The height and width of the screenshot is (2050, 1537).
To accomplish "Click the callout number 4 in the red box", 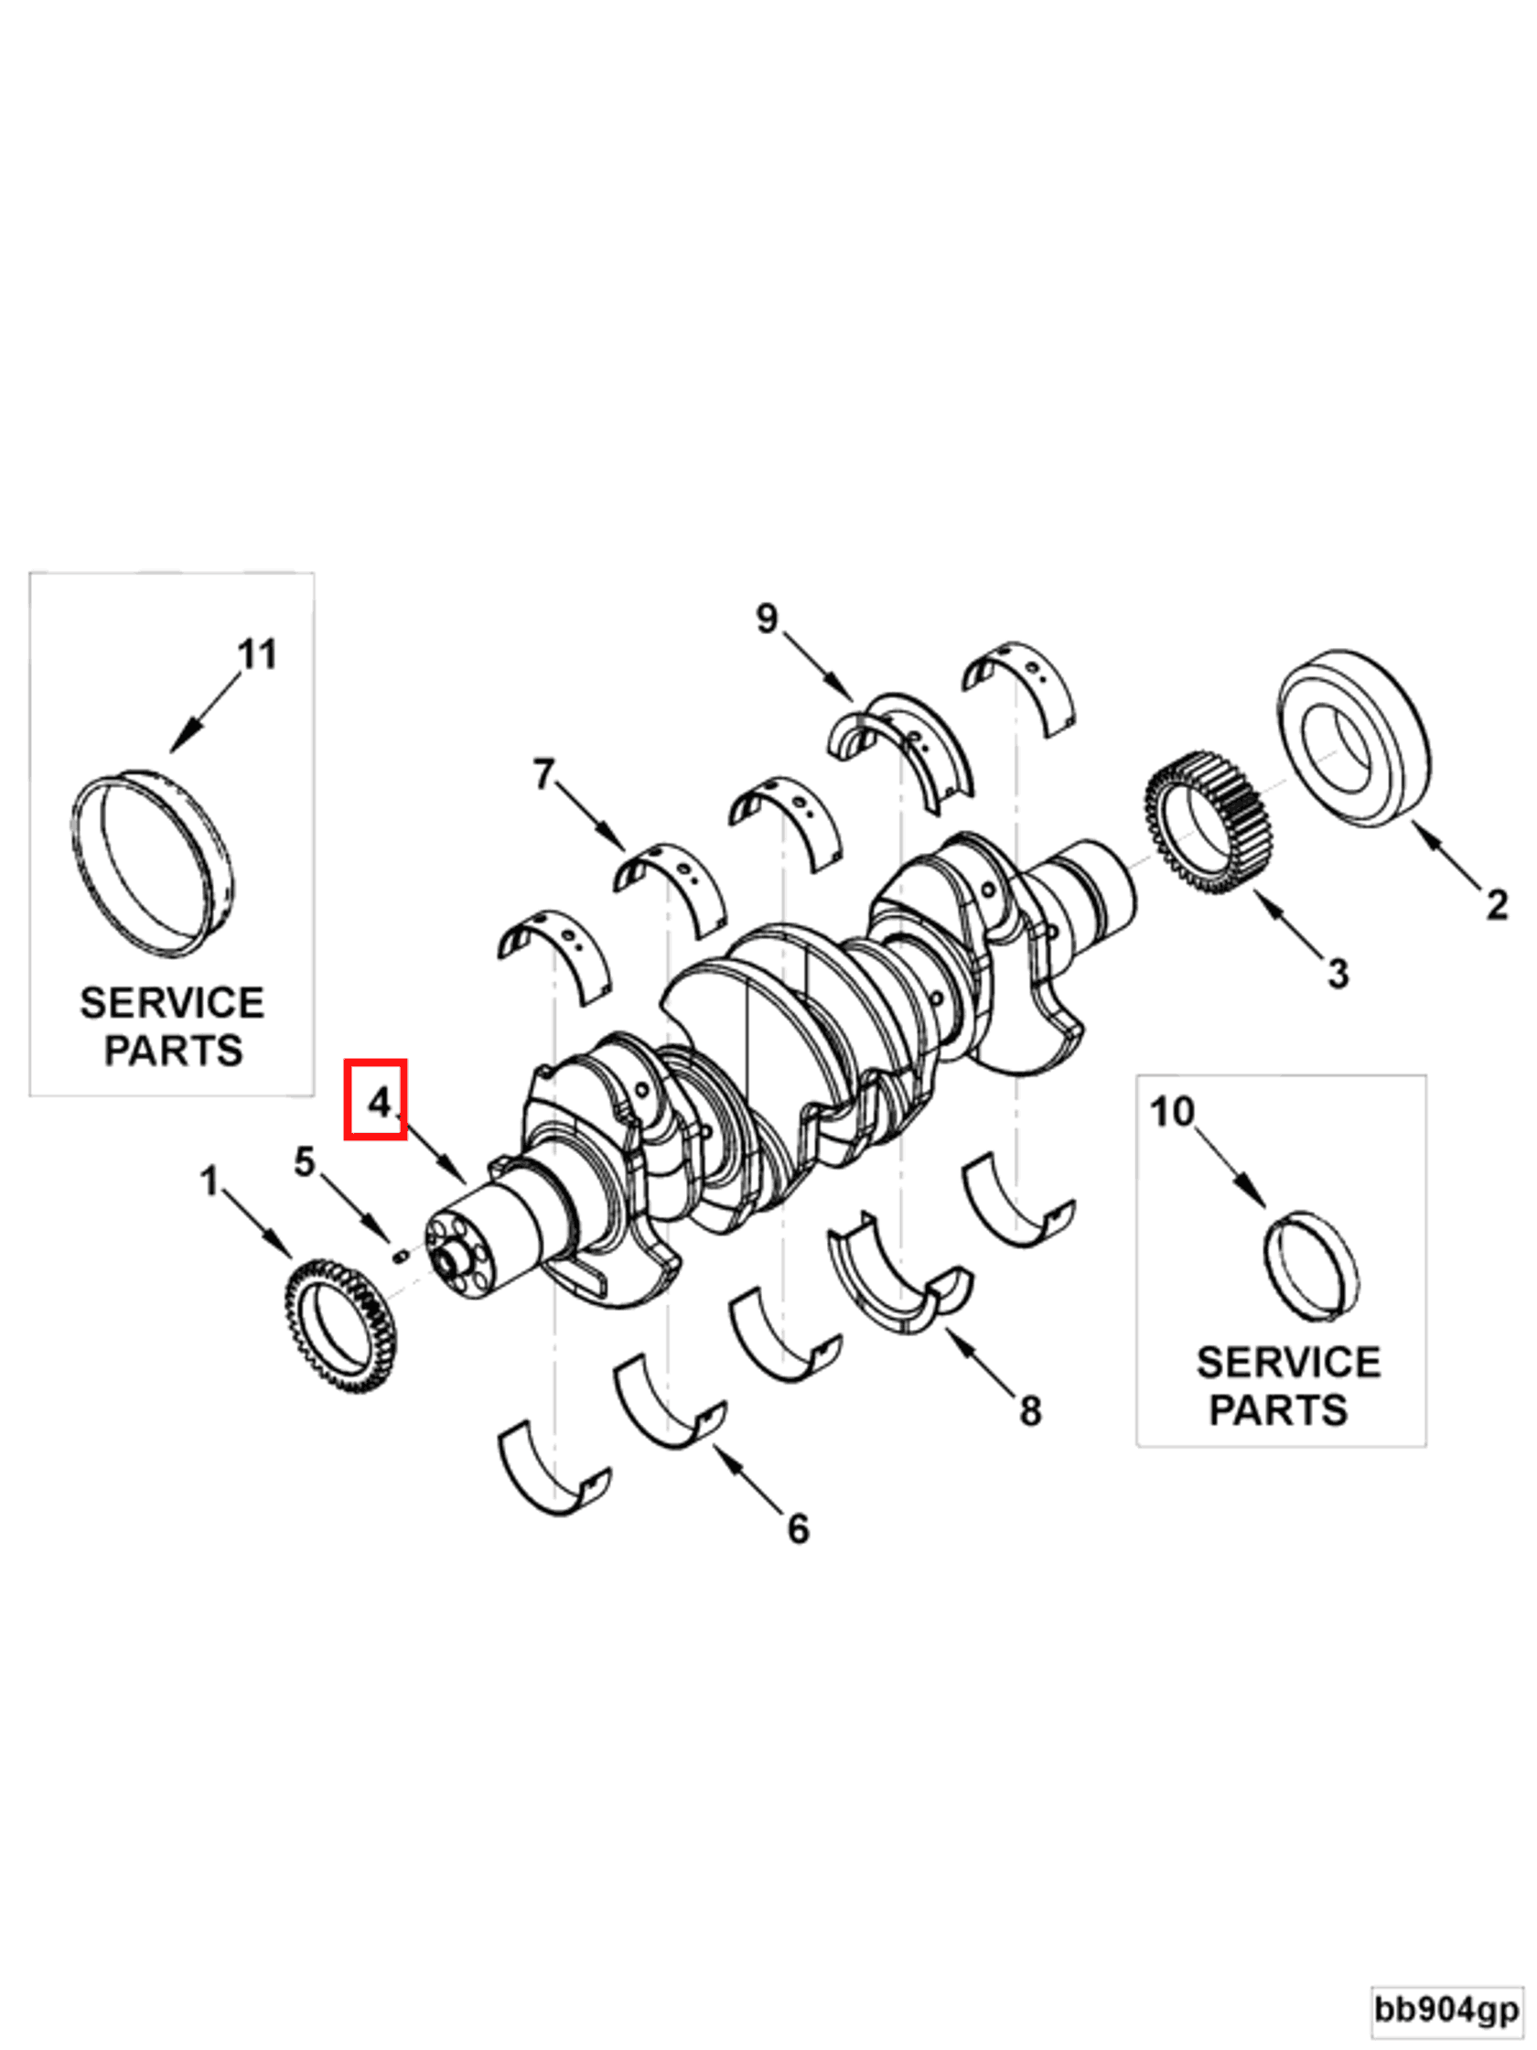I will pyautogui.click(x=375, y=1102).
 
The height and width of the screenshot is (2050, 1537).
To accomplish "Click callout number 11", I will pyautogui.click(x=257, y=655).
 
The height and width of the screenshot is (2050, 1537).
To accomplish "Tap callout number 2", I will pyautogui.click(x=1497, y=904).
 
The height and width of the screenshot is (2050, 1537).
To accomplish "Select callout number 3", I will pyautogui.click(x=1337, y=974).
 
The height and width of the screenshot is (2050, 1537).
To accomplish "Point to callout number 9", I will pyautogui.click(x=766, y=618).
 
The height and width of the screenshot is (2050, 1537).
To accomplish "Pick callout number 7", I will pyautogui.click(x=543, y=773).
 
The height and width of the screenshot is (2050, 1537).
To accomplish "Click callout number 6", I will pyautogui.click(x=798, y=1529).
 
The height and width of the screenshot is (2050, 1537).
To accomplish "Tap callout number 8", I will pyautogui.click(x=1030, y=1411).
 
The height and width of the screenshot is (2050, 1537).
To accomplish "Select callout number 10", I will pyautogui.click(x=1172, y=1112).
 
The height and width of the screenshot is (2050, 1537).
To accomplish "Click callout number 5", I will pyautogui.click(x=305, y=1162).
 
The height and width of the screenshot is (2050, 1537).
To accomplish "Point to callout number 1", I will pyautogui.click(x=210, y=1181).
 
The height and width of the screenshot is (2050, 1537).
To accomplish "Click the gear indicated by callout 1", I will pyautogui.click(x=339, y=1326).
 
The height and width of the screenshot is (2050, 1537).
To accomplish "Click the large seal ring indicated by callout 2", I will pyautogui.click(x=1353, y=738).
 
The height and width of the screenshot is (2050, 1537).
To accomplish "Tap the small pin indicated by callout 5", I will pyautogui.click(x=401, y=1256).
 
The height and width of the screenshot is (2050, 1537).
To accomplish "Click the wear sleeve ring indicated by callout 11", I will pyautogui.click(x=152, y=862).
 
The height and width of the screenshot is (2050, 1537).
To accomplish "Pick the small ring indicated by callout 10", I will pyautogui.click(x=1311, y=1267).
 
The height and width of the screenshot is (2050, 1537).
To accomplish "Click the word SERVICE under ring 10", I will pyautogui.click(x=1287, y=1364).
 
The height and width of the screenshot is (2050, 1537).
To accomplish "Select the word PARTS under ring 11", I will pyautogui.click(x=173, y=1051).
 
